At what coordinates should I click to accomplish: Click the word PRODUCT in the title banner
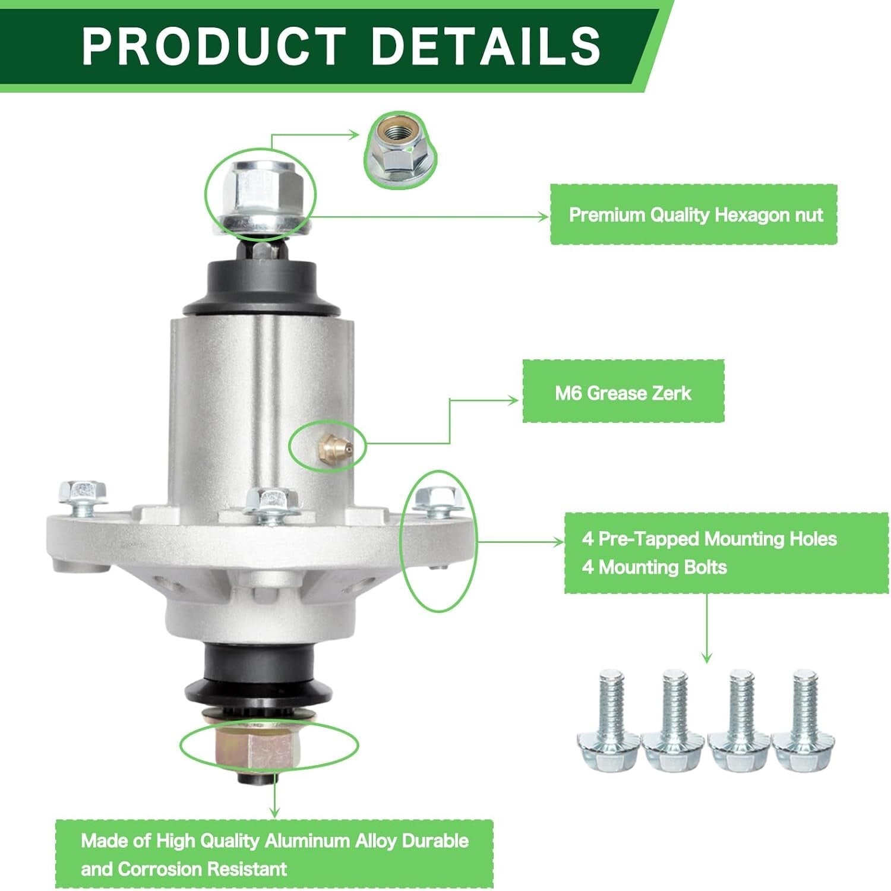[214, 46]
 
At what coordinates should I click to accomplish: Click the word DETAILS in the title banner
[485, 46]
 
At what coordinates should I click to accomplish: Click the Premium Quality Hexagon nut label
[694, 214]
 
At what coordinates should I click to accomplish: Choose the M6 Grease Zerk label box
[623, 393]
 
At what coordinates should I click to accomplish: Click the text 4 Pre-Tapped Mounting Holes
[709, 539]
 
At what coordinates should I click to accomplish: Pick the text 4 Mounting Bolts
[654, 567]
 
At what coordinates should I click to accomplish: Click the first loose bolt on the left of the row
[609, 721]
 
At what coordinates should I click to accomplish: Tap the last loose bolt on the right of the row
[803, 721]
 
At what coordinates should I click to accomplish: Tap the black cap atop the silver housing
[261, 285]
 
